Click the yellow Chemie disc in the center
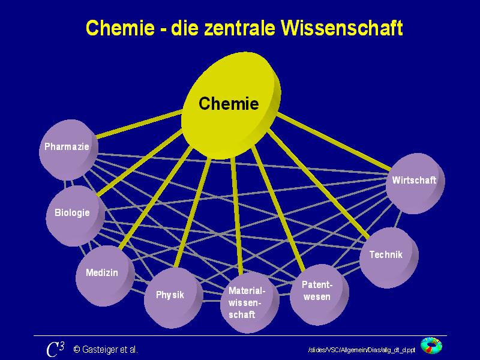229,105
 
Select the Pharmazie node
67,148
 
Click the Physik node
170,296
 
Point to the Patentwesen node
317,291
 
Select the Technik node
386,256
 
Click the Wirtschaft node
413,181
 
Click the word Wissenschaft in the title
344,28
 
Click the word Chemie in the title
121,28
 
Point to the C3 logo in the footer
55,349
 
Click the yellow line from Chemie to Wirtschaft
336,142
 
